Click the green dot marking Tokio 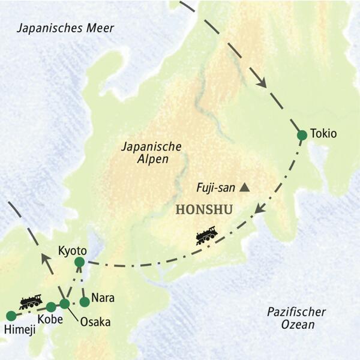302,135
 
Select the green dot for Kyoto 79,262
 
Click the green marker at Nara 85,301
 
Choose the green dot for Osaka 64,304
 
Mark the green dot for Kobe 51,307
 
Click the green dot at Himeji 10,316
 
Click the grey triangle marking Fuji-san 244,188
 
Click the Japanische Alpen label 145,152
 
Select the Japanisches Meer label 65,28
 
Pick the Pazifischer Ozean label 298,318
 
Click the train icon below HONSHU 206,235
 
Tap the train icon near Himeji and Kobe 30,301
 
